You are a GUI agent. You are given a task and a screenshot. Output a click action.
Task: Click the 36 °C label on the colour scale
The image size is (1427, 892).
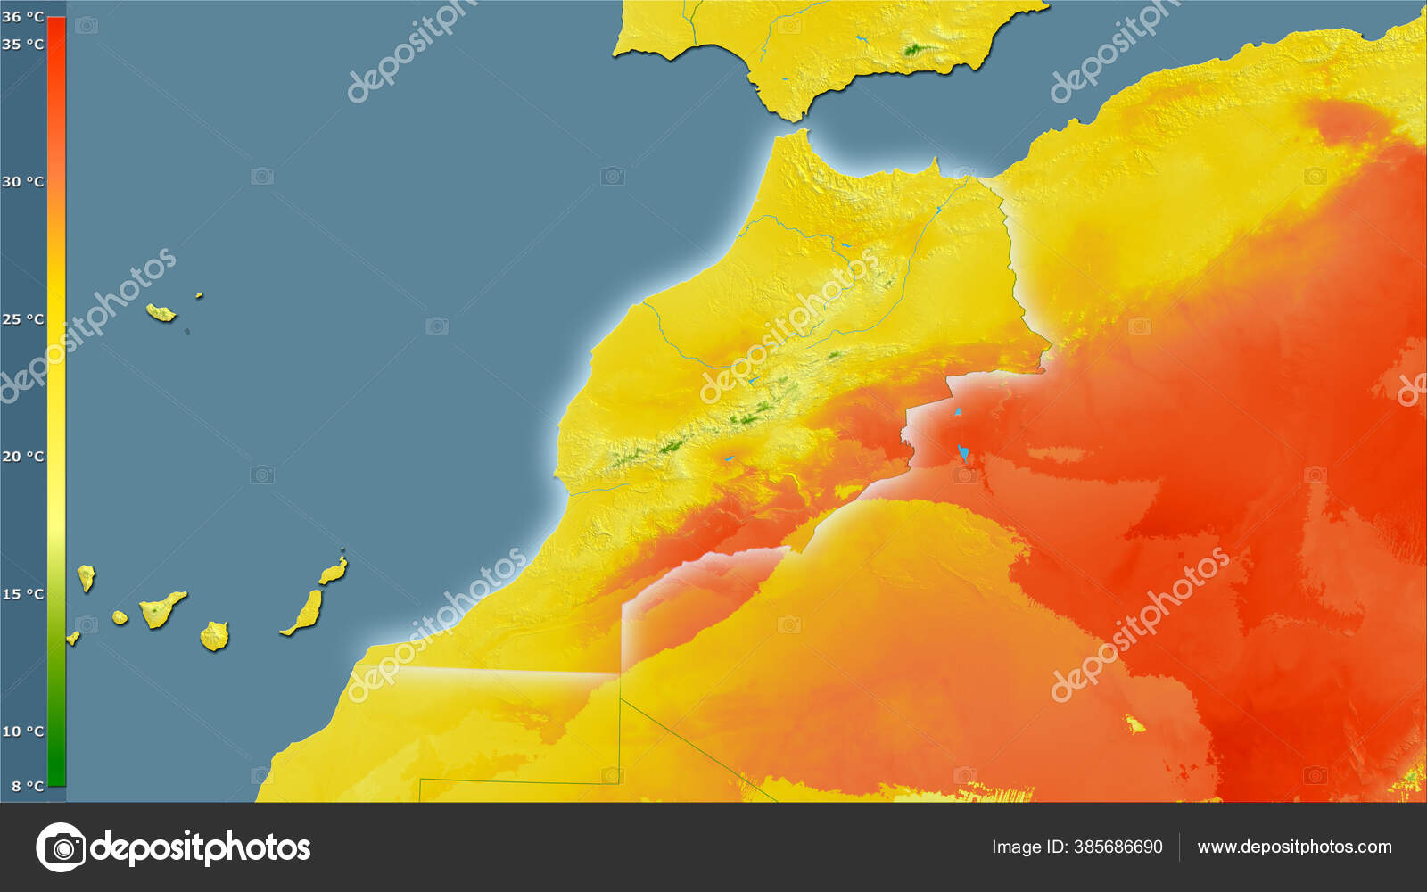[x=22, y=16]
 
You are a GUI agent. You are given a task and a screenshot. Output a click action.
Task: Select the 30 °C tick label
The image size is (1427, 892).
[x=22, y=181]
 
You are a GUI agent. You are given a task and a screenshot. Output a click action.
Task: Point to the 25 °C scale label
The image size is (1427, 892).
[x=22, y=318]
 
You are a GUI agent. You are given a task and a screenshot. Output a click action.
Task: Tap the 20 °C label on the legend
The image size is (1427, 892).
[x=22, y=456]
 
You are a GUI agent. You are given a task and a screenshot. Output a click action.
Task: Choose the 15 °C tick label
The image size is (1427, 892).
[x=22, y=593]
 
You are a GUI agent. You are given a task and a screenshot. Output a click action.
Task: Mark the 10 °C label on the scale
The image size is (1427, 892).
[x=22, y=731]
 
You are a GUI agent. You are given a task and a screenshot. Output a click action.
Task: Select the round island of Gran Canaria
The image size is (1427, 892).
[x=214, y=636]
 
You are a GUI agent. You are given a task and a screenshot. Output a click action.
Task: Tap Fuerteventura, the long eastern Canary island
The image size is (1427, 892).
[x=306, y=613]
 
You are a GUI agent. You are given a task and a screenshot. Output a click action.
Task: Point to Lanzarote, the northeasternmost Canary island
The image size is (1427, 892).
[x=334, y=570]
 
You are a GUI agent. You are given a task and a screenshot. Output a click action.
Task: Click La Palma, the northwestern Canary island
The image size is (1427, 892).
[x=86, y=577]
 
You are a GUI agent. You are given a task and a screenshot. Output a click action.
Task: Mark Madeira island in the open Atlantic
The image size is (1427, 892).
[x=161, y=312]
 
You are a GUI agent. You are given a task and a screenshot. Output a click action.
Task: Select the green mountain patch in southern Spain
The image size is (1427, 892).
[x=914, y=50]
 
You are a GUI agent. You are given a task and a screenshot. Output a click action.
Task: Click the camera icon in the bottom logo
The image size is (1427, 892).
[x=61, y=847]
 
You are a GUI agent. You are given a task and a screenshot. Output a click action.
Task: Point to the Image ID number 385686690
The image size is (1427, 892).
[x=1118, y=847]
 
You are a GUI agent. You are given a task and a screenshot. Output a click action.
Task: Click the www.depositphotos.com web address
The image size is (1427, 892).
[x=1294, y=847]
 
